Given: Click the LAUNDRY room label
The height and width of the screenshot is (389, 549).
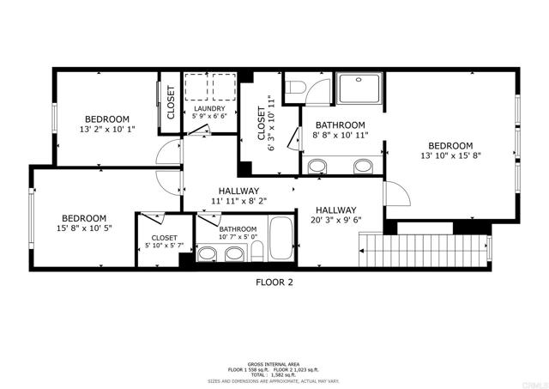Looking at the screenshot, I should pos(208,109).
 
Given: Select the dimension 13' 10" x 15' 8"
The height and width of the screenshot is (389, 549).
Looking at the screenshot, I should pos(450,156).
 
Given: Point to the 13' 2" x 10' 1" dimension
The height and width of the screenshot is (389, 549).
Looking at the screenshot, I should pos(106,130).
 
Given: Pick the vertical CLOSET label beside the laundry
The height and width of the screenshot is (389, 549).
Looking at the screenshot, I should pos(171,101).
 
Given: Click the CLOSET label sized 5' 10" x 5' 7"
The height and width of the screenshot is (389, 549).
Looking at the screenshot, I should pos(164,238).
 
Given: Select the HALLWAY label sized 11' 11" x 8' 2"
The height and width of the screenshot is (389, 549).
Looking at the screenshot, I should pos(238,191).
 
